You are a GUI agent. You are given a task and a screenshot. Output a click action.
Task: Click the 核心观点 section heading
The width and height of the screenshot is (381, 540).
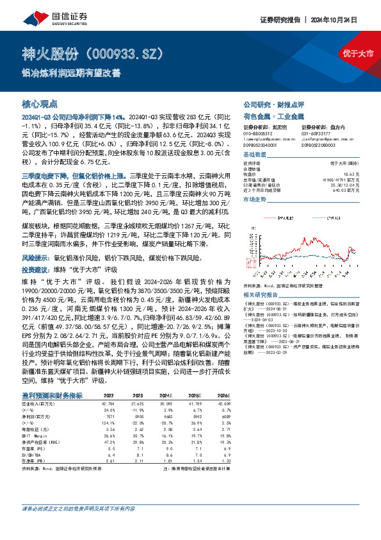[40, 103]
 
